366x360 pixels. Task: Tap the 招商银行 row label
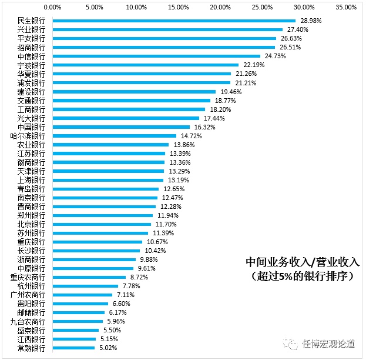coord(32,47)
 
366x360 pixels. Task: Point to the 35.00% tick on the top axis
coord(346,8)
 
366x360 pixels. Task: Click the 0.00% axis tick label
coord(52,8)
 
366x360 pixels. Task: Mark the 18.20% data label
coord(219,109)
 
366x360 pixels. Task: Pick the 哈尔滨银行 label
coord(28,136)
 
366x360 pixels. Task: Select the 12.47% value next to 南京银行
coord(172,198)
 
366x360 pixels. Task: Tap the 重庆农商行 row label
coord(28,277)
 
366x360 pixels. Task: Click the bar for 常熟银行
coord(73,348)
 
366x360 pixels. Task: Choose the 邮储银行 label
coord(32,312)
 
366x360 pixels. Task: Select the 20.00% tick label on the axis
coord(220,8)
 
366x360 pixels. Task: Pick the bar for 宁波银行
coord(146,65)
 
